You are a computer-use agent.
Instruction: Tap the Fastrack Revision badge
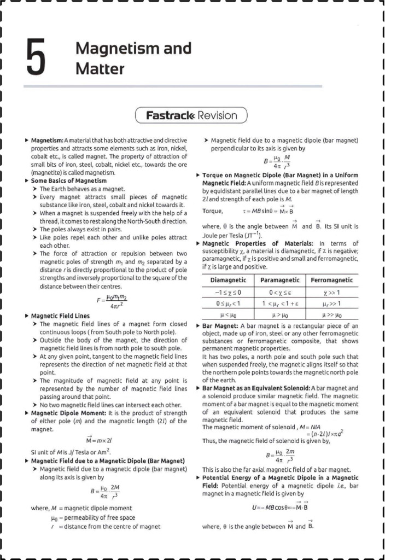(191, 115)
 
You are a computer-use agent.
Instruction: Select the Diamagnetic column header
(228, 280)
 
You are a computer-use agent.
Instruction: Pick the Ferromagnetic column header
(332, 280)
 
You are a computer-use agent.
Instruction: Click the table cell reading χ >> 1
(332, 293)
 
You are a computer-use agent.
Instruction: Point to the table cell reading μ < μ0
(228, 315)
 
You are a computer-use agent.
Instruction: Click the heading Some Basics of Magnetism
(68, 180)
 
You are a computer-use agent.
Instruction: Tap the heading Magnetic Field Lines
(60, 316)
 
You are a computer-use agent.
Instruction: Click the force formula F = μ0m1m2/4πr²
(111, 301)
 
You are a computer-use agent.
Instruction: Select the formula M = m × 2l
(99, 440)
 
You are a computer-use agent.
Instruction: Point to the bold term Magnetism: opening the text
(47, 140)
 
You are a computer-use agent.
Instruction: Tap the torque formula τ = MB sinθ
(268, 211)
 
